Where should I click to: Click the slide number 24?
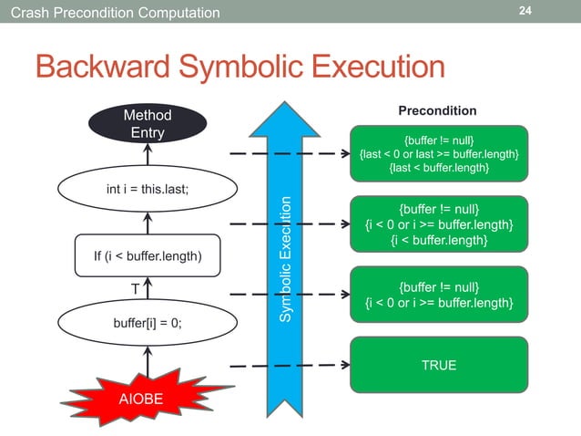pos(525,11)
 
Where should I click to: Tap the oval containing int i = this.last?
pos(148,190)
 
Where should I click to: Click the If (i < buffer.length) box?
pos(148,255)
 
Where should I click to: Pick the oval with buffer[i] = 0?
pos(148,323)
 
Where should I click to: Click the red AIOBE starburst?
pos(148,398)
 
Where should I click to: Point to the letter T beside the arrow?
pos(136,288)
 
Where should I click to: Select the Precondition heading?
pos(437,110)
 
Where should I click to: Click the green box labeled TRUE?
pos(438,365)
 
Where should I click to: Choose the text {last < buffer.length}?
pos(438,169)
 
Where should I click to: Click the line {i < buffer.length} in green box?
pos(438,240)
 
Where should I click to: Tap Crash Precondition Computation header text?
pos(110,12)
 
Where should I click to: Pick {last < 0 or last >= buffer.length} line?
pos(438,155)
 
